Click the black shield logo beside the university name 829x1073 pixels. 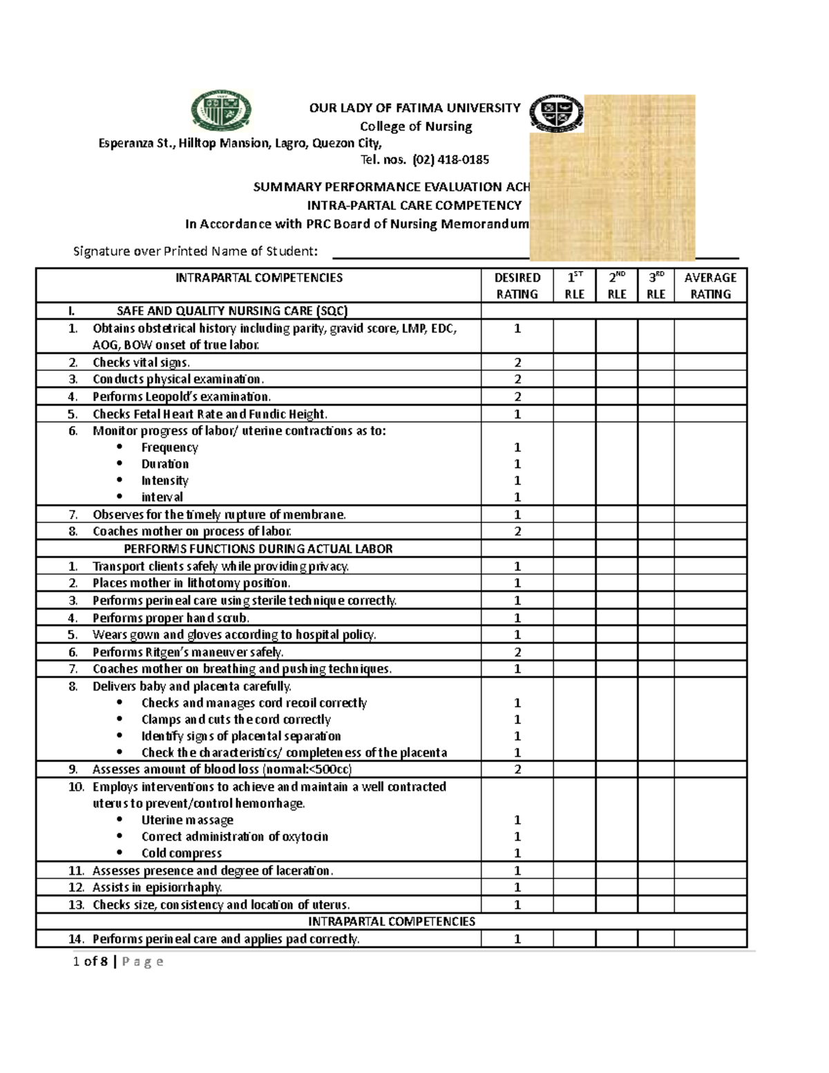pyautogui.click(x=556, y=113)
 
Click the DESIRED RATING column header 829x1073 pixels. pyautogui.click(x=517, y=285)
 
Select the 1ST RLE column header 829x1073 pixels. pyautogui.click(x=574, y=285)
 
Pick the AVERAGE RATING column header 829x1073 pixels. pyautogui.click(x=710, y=285)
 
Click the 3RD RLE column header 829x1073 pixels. pyautogui.click(x=656, y=285)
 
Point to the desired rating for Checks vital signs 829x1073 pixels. pyautogui.click(x=517, y=362)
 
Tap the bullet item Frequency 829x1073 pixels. pyautogui.click(x=169, y=447)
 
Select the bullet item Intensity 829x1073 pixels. pyautogui.click(x=164, y=480)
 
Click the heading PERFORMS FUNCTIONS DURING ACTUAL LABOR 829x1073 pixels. pyautogui.click(x=258, y=549)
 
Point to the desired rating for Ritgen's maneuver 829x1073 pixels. pyautogui.click(x=517, y=652)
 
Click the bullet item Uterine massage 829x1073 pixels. pyautogui.click(x=187, y=819)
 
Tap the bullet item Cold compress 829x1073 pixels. pyautogui.click(x=181, y=853)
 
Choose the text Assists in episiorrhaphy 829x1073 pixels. pyautogui.click(x=158, y=887)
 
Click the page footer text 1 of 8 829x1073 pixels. pyautogui.click(x=90, y=961)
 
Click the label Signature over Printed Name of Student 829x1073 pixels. pyautogui.click(x=196, y=251)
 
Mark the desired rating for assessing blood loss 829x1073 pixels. pyautogui.click(x=517, y=769)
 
